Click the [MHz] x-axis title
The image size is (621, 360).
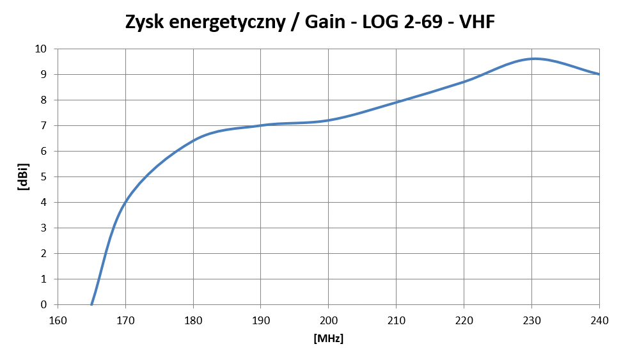pos(329,339)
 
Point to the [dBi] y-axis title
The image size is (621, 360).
pos(24,177)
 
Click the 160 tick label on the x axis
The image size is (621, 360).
pos(58,320)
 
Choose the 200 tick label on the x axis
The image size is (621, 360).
pos(329,320)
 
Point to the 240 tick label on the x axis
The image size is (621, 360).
pos(599,320)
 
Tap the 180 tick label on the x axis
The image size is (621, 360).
pos(193,320)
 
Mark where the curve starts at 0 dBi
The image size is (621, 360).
pos(91,304)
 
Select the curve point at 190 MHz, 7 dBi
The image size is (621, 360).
pos(261,125)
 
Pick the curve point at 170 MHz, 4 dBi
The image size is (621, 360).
pos(125,202)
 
